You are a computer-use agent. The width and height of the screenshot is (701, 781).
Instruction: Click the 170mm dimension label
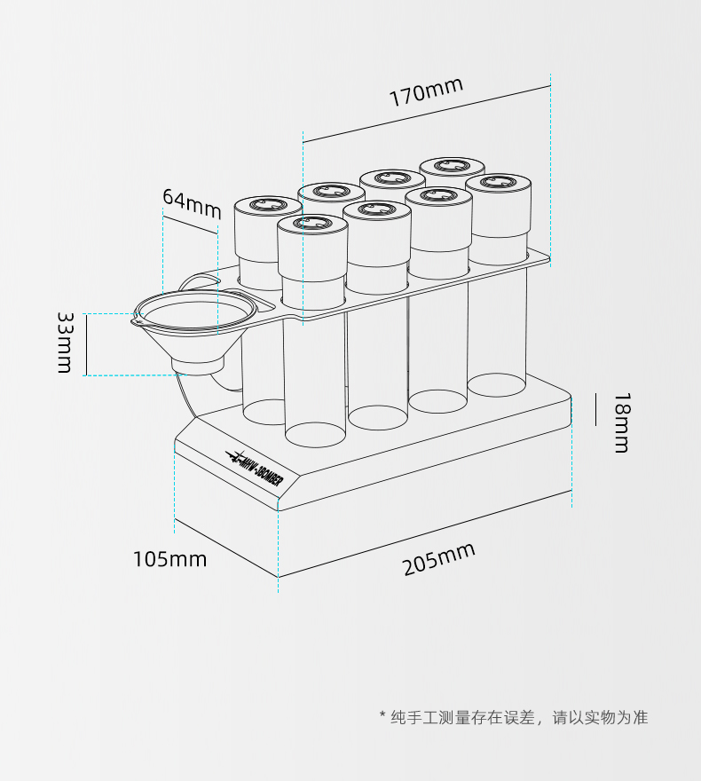(426, 92)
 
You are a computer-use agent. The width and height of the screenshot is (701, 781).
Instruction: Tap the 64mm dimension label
(191, 203)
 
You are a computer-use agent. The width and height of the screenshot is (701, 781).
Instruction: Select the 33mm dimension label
(65, 342)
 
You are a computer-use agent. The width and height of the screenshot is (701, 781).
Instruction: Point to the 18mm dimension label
(621, 422)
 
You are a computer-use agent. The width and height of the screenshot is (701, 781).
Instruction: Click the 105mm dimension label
(169, 559)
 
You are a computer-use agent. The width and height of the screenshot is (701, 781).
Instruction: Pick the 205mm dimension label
(439, 559)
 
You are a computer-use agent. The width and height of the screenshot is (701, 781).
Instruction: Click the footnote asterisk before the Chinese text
(382, 717)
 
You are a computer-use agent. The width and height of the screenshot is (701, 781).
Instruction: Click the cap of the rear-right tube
(453, 166)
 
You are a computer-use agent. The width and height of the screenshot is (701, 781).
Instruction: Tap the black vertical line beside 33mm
(86, 344)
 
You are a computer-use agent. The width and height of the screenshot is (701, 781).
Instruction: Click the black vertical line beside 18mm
(571, 409)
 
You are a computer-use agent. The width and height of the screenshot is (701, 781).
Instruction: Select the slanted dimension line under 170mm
(426, 114)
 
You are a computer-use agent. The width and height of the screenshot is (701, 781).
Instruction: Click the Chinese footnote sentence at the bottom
(520, 717)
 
